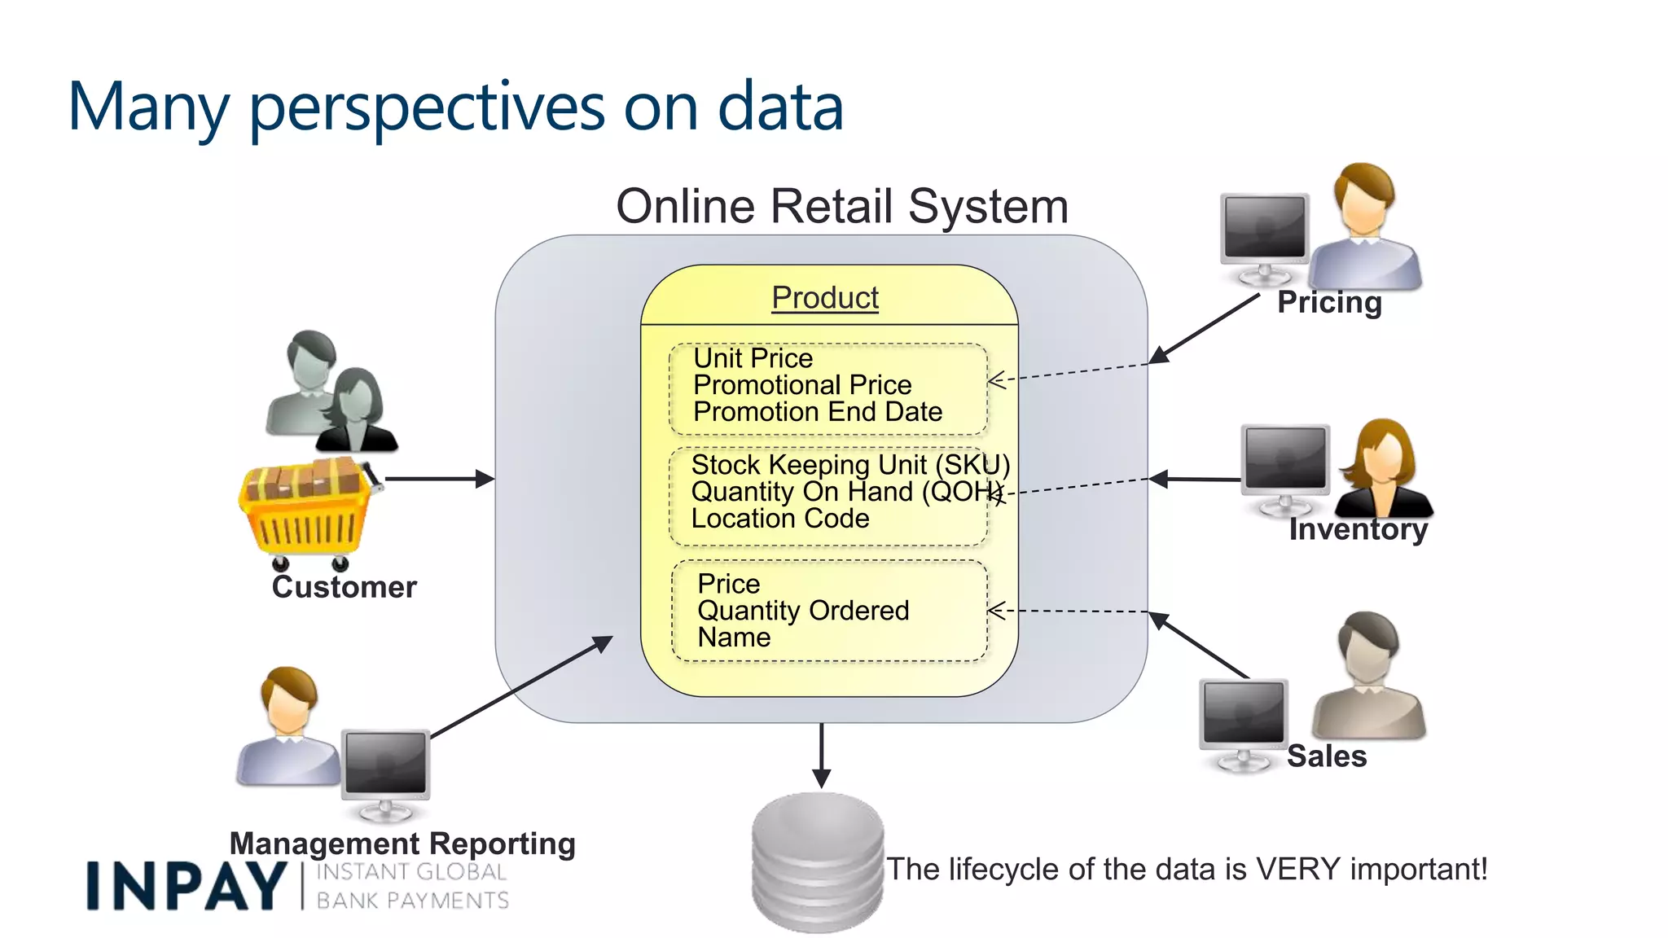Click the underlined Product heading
824,297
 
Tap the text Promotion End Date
817,412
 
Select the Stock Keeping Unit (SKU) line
849,465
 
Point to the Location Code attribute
779,519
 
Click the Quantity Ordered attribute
802,611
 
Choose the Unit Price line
753,358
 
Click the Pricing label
1328,302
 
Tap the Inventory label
1358,529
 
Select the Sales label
1326,756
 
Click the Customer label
344,587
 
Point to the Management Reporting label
402,843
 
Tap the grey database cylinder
817,863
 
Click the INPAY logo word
186,886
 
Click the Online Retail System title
841,206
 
